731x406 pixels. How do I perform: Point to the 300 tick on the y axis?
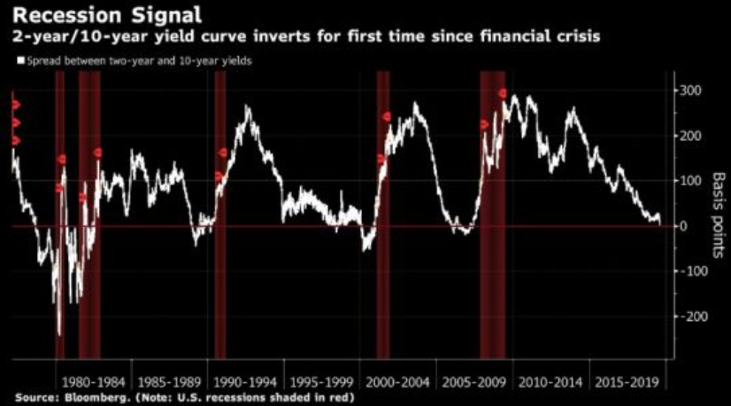click(690, 91)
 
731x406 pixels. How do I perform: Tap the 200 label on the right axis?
click(690, 137)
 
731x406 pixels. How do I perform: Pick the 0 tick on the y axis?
click(682, 226)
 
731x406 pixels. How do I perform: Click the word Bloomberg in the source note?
click(88, 398)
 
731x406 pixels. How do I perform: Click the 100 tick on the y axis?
click(690, 182)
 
